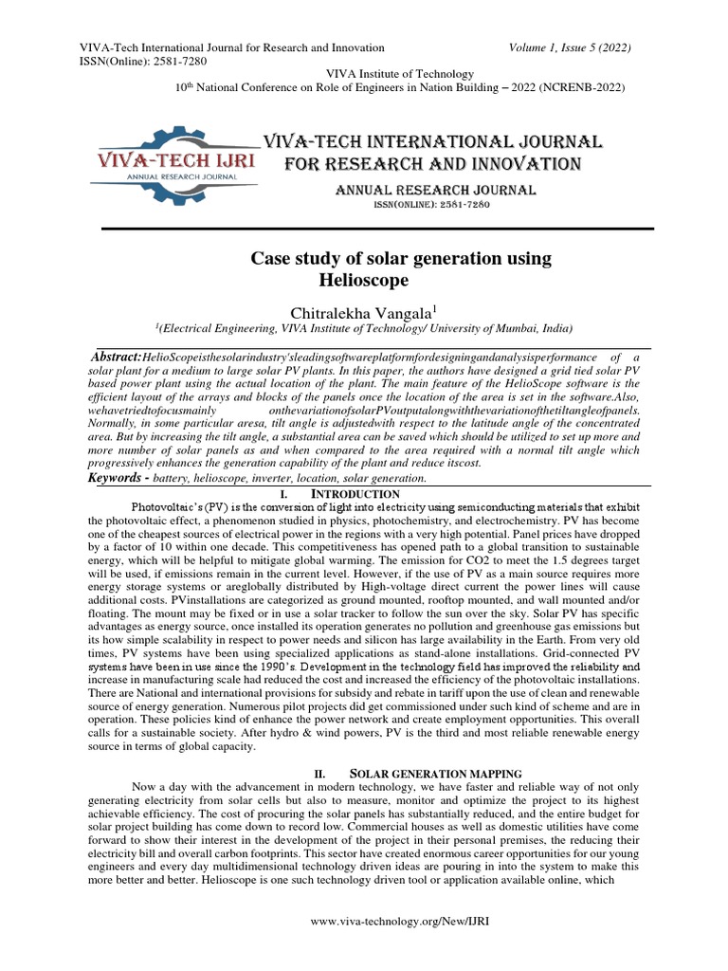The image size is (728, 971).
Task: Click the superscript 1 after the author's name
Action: [434, 306]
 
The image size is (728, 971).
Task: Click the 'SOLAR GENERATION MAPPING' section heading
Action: [430, 774]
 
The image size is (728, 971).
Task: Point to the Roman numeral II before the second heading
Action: [319, 774]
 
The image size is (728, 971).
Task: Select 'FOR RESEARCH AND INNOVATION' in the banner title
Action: [433, 164]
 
